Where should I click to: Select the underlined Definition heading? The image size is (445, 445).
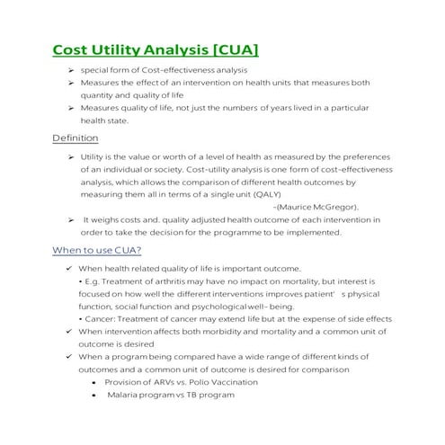pos(76,138)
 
